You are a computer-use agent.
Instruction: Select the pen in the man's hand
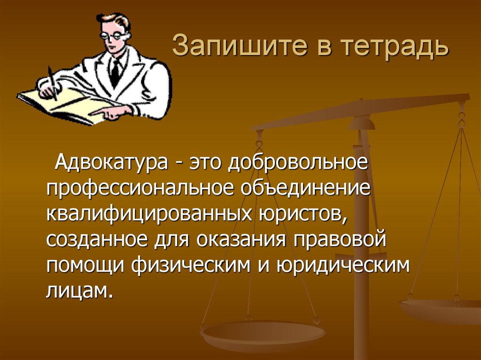[52, 83]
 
